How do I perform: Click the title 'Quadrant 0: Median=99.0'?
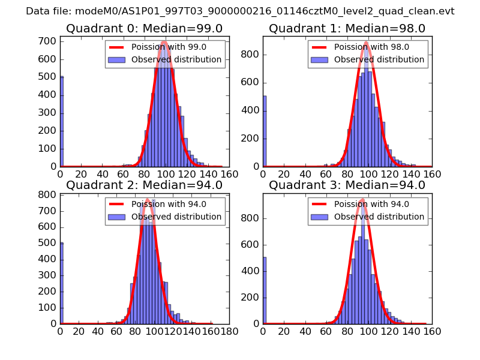(x=144, y=29)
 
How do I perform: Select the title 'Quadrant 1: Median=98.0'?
(x=347, y=29)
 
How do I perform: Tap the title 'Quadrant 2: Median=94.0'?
(x=144, y=185)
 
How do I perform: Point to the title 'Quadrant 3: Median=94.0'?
(x=347, y=185)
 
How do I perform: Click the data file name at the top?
(x=240, y=11)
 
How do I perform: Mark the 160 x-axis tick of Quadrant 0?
(x=229, y=174)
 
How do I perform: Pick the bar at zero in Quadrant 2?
(x=62, y=283)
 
